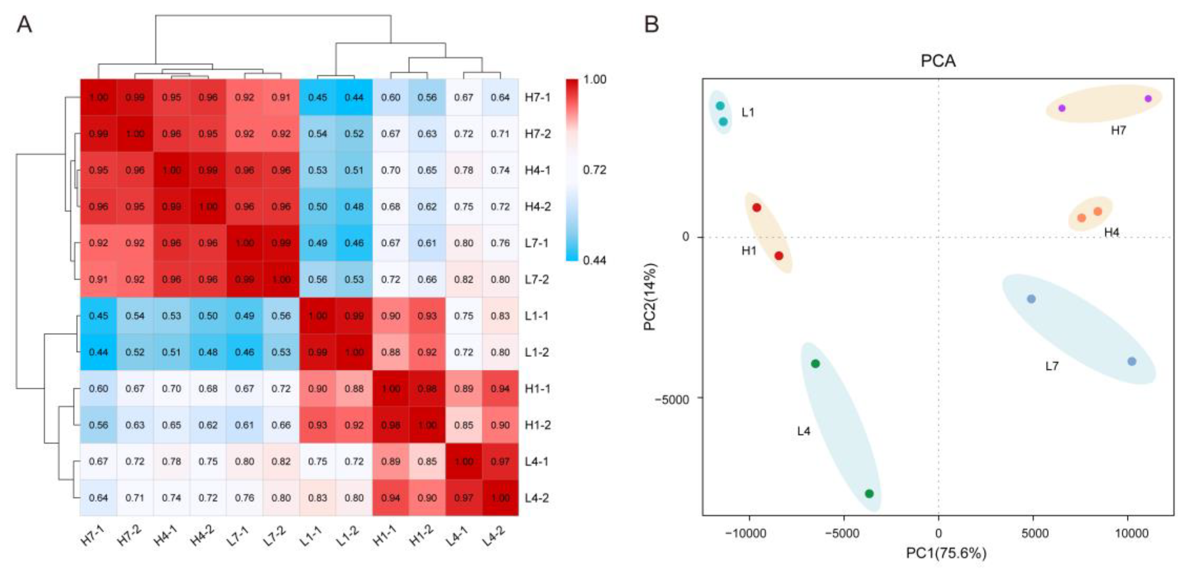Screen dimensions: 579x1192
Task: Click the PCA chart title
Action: [938, 61]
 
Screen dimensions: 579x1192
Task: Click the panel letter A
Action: [24, 24]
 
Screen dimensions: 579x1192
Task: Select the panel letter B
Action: [652, 24]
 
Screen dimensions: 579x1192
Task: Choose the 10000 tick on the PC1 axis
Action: [1131, 533]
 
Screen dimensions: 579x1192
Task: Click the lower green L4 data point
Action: [869, 493]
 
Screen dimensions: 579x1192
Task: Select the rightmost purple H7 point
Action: [1148, 99]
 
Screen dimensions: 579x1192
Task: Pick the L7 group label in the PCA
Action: [1052, 366]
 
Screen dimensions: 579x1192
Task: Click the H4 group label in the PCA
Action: [1111, 232]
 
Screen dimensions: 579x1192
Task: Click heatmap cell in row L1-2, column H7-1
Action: [98, 352]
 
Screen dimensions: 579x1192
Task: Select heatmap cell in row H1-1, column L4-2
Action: [500, 388]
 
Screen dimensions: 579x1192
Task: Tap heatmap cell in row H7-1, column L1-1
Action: [317, 97]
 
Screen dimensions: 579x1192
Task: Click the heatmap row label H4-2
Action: [538, 207]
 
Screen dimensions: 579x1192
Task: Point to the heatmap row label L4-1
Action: [537, 461]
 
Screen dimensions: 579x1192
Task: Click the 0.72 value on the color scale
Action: [594, 170]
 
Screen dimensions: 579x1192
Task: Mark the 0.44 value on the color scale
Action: [594, 260]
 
